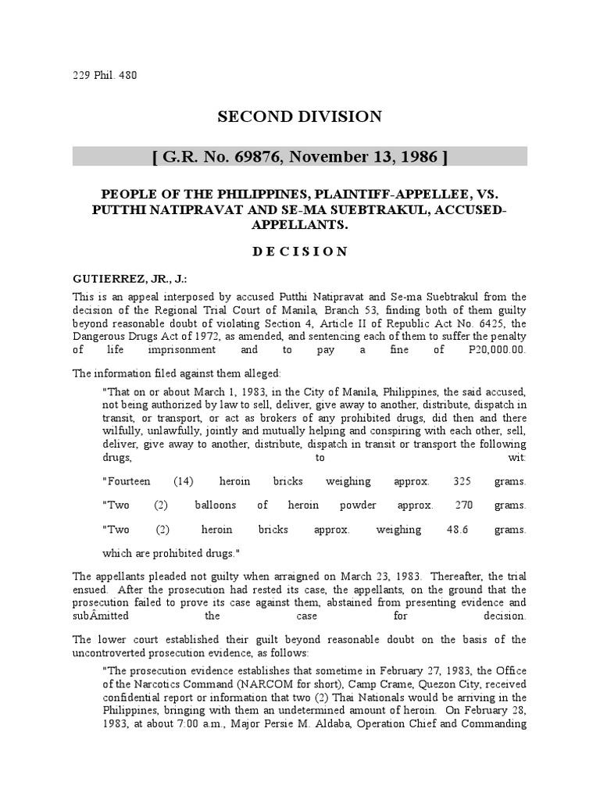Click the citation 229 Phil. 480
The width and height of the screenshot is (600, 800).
pyautogui.click(x=104, y=77)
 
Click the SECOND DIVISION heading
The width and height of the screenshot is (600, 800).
pyautogui.click(x=299, y=117)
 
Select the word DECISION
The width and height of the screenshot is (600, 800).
pyautogui.click(x=299, y=251)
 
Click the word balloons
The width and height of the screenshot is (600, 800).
pyautogui.click(x=215, y=505)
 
